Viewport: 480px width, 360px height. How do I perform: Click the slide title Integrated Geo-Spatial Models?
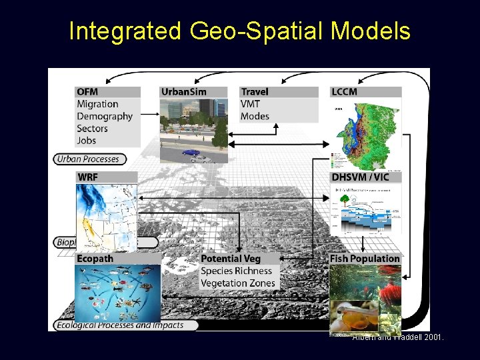[239, 31]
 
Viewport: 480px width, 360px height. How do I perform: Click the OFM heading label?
[87, 91]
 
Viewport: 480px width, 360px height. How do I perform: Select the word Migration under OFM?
[97, 104]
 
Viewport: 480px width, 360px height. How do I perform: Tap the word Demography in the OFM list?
[105, 116]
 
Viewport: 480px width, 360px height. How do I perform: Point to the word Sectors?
[92, 129]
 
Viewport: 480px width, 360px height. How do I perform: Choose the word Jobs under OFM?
[87, 141]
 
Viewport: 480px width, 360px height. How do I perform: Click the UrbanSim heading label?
[183, 91]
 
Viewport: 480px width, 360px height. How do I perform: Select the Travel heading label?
[255, 91]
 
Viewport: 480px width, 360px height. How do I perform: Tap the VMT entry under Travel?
[251, 104]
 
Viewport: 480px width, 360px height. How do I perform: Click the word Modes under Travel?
[255, 116]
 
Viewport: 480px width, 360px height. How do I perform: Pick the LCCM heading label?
[344, 91]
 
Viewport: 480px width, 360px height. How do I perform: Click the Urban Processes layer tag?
[88, 159]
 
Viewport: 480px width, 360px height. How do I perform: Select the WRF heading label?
[88, 177]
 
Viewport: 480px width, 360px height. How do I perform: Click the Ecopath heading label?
[95, 259]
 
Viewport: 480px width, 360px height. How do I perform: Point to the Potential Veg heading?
[231, 259]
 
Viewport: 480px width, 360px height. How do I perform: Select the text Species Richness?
[236, 271]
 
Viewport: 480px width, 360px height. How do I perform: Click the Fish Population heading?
[365, 259]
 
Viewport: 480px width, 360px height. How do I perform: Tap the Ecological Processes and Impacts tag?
[127, 325]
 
